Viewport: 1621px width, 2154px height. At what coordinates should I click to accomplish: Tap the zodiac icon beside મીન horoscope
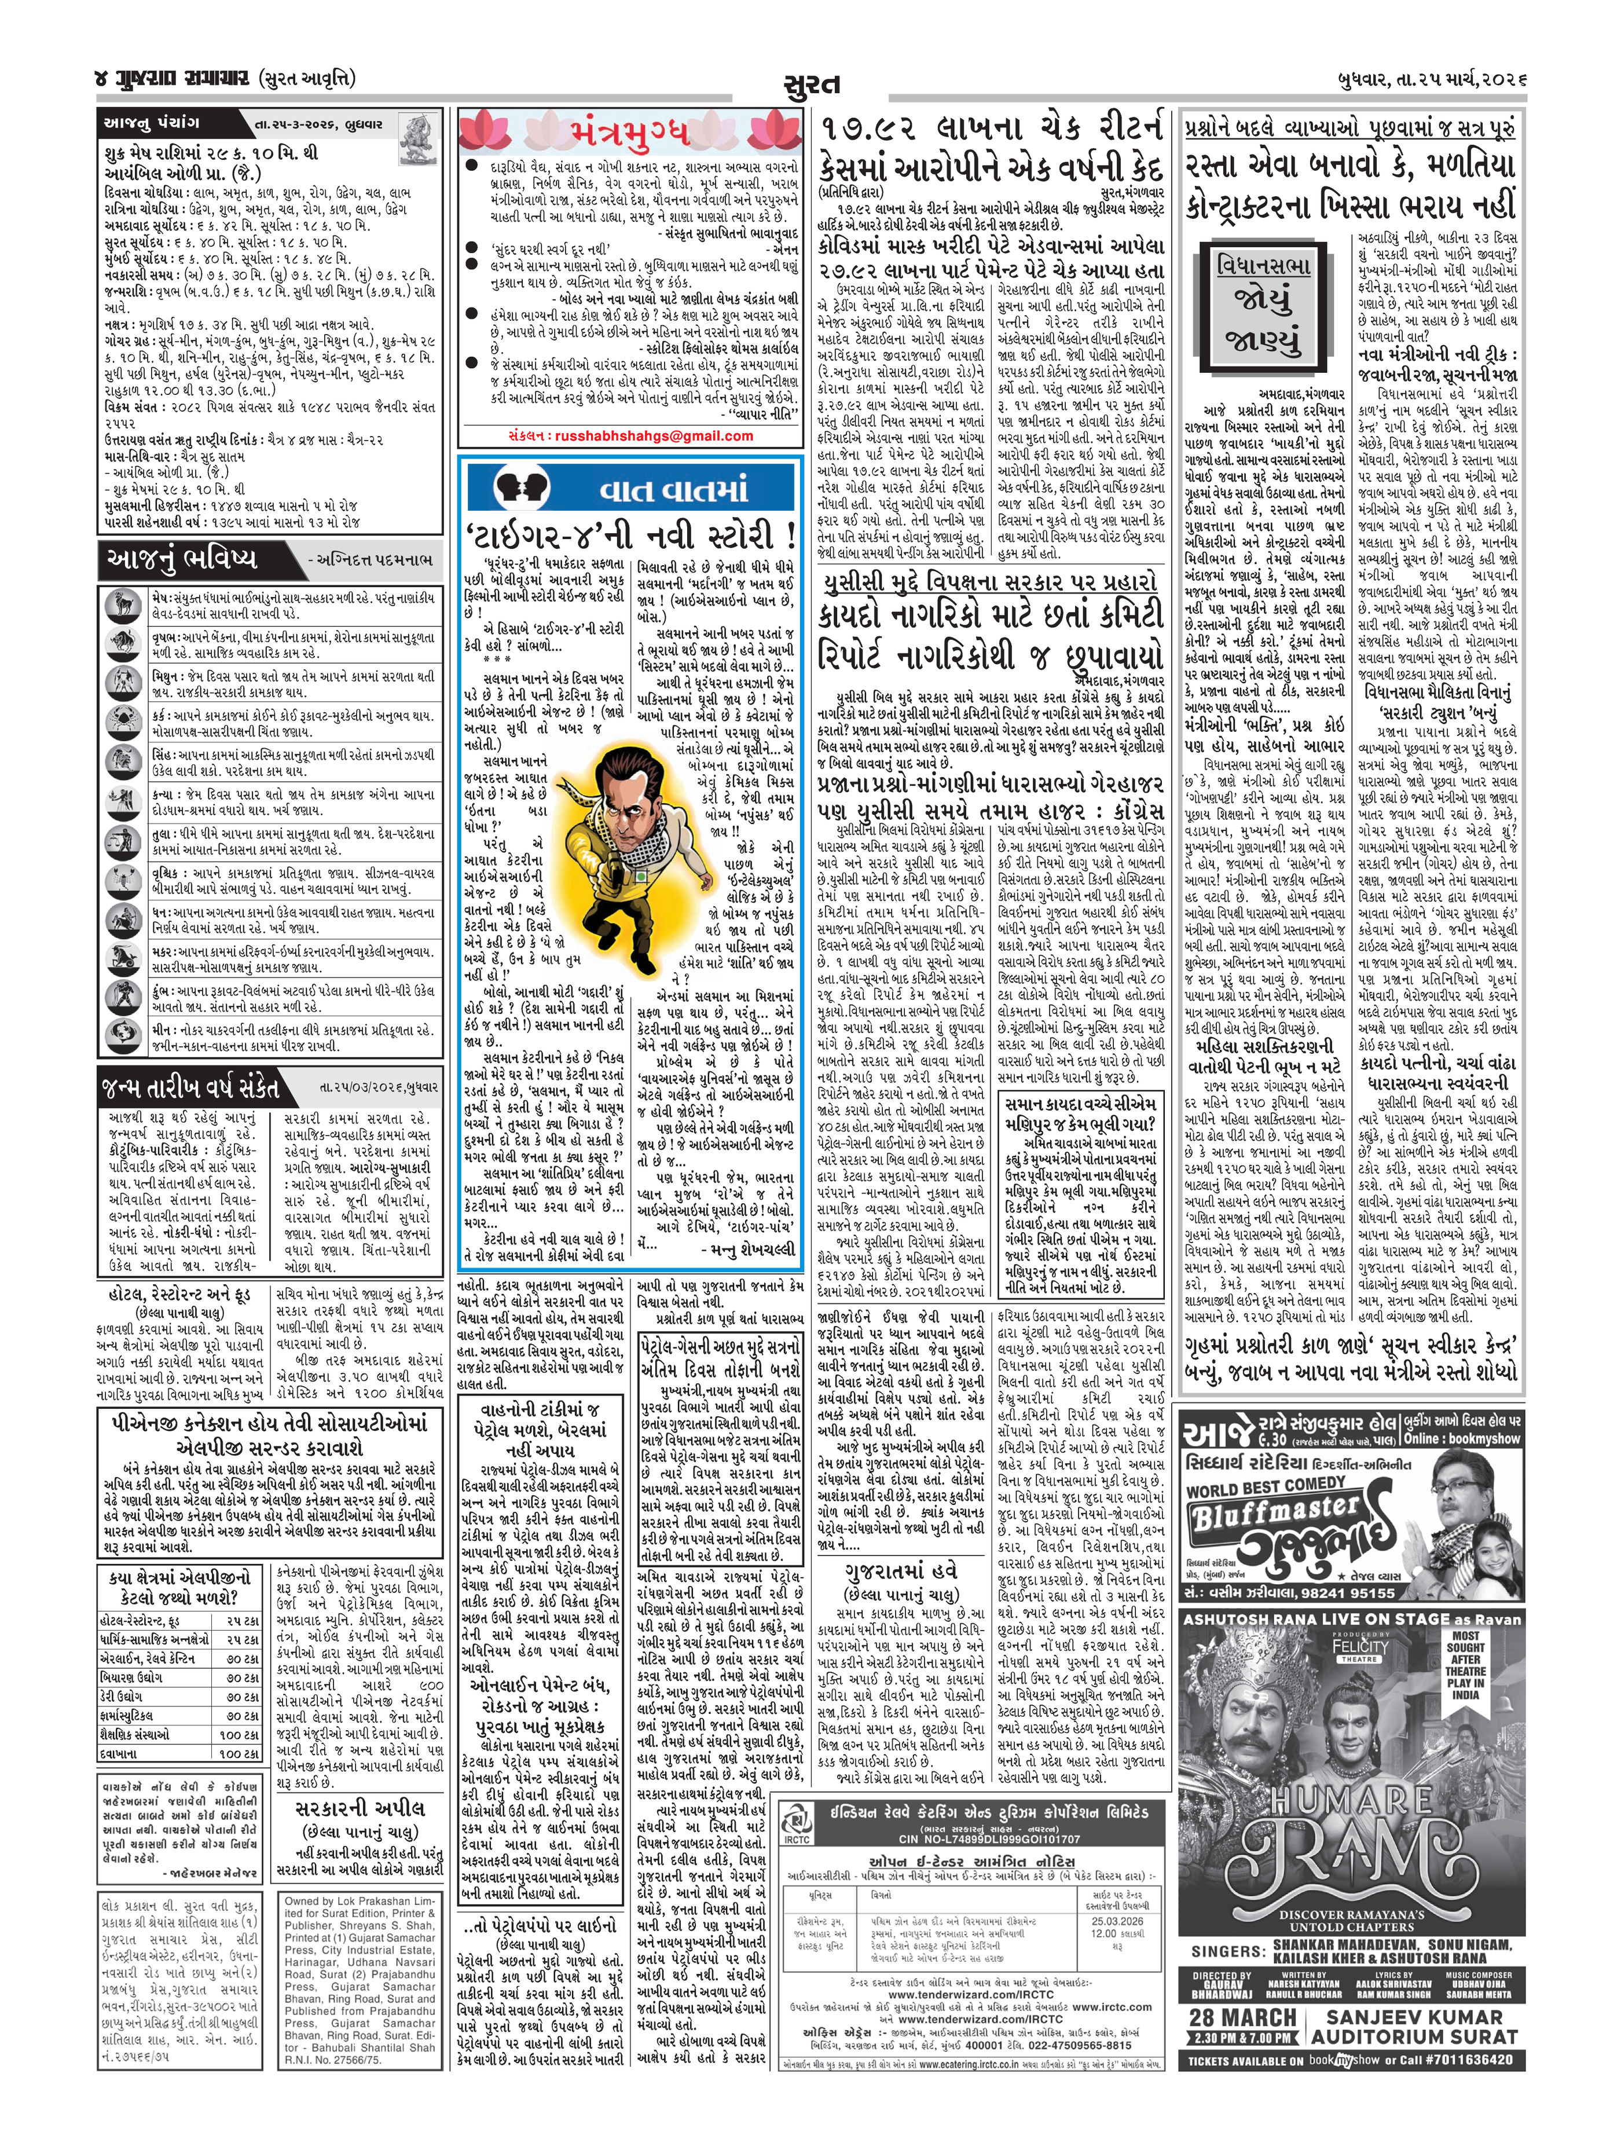pyautogui.click(x=122, y=1035)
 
